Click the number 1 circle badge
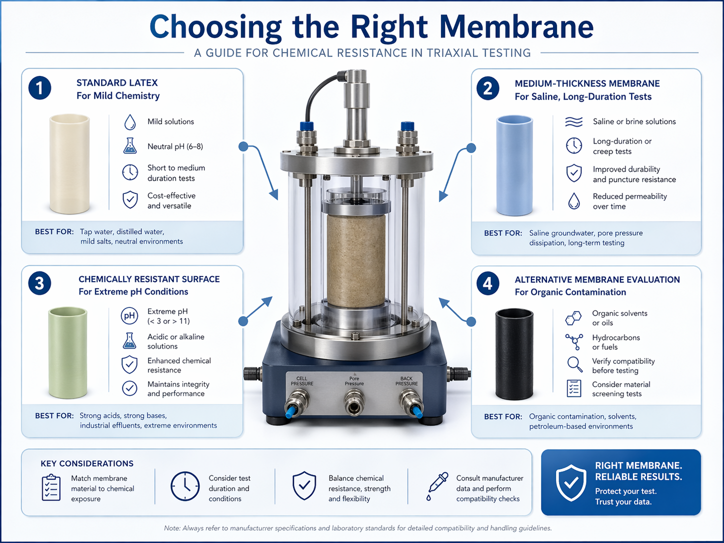(39, 88)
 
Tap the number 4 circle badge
(487, 283)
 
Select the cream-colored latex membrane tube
(69, 164)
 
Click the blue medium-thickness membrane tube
(514, 165)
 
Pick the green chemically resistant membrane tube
(67, 353)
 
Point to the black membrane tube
(514, 354)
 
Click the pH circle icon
(129, 316)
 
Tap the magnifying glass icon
(574, 364)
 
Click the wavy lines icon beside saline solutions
(574, 121)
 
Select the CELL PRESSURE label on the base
(302, 381)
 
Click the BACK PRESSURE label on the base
(406, 381)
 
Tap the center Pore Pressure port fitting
(354, 402)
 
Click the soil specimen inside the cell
(356, 260)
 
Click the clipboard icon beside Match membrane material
(51, 487)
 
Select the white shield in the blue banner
(571, 483)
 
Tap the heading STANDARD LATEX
(117, 83)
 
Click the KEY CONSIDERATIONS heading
(87, 463)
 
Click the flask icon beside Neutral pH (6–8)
(130, 145)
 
